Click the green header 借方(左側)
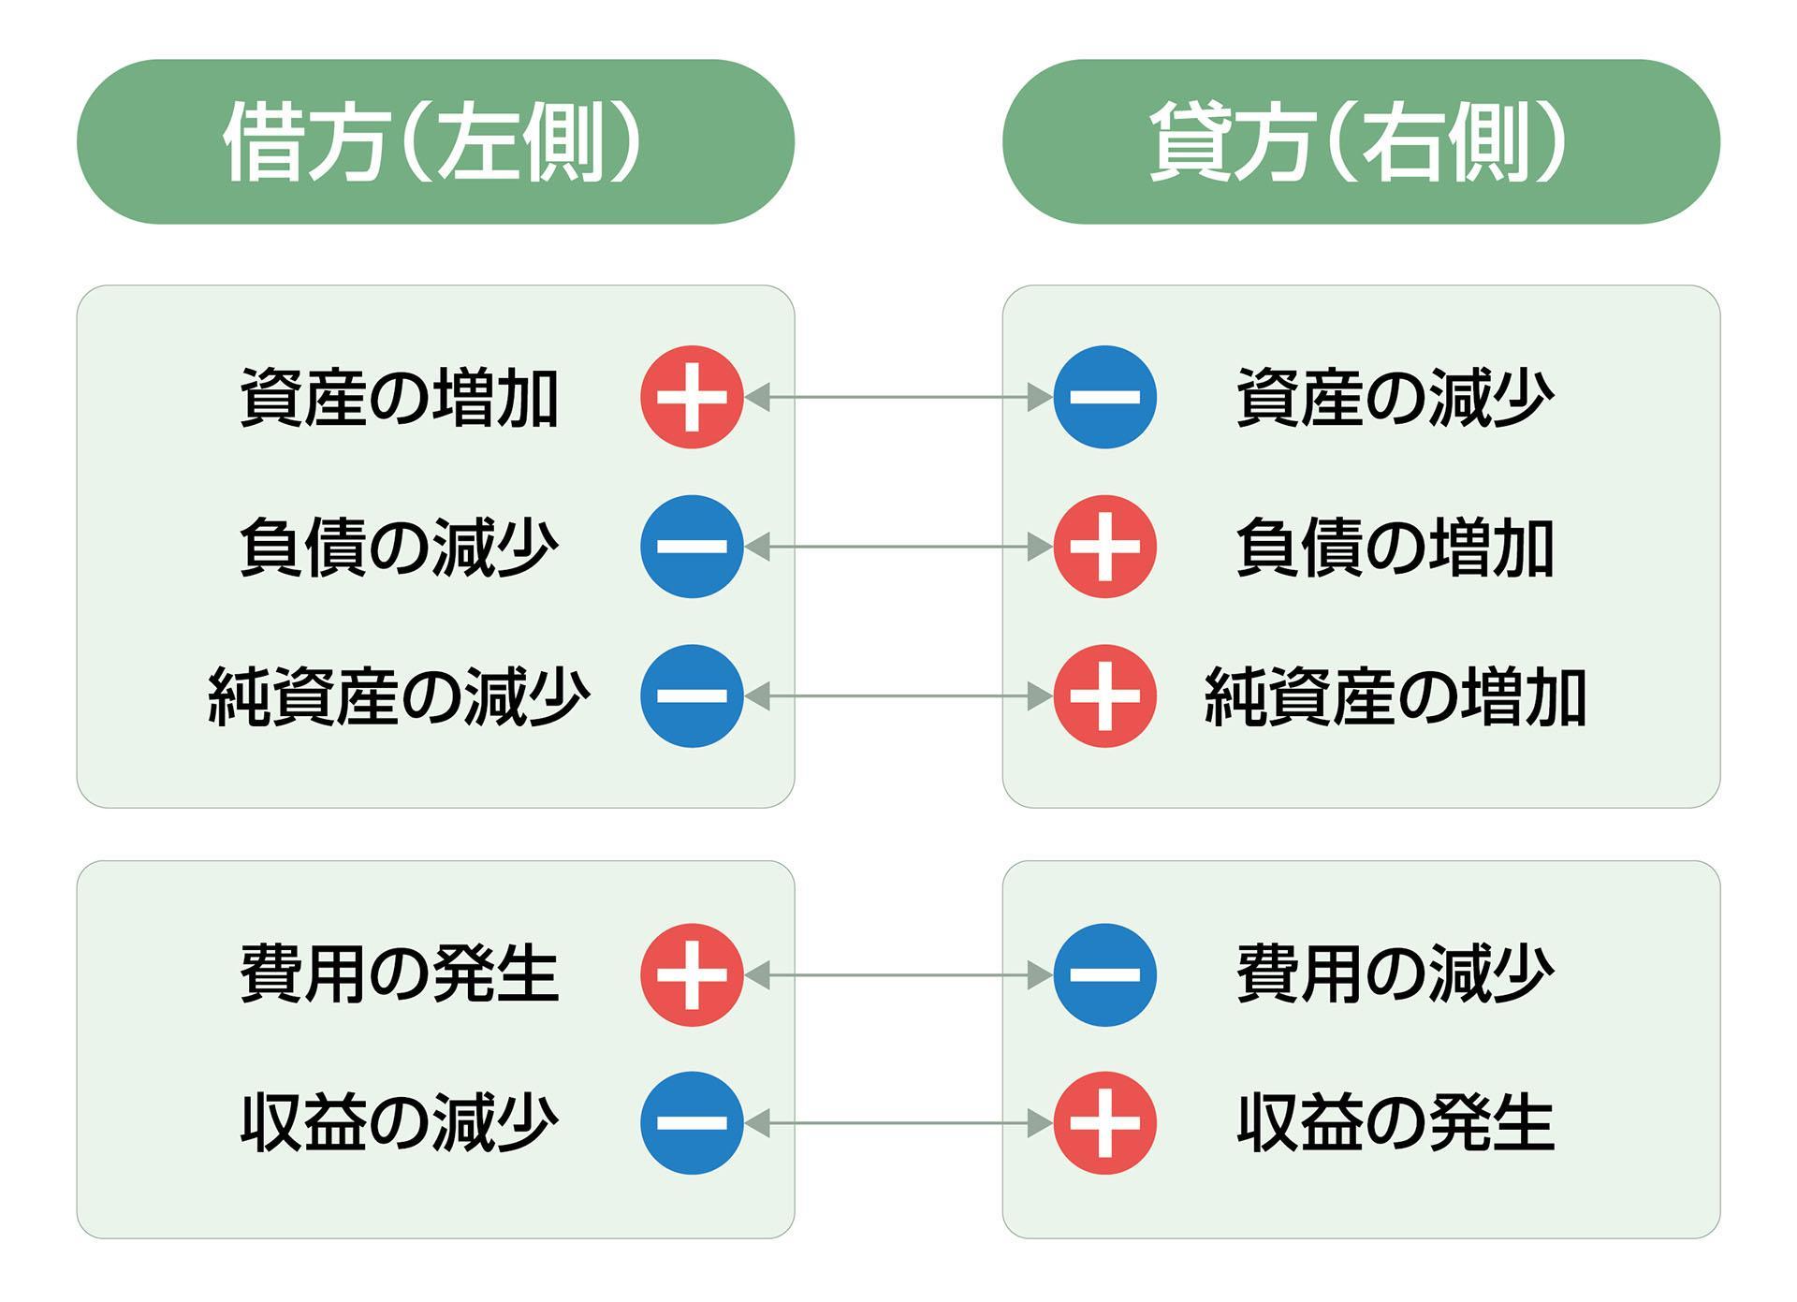coord(435,141)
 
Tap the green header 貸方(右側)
coord(1361,141)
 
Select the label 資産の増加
coord(400,398)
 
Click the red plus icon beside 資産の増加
coord(692,397)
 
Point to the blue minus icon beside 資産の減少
coord(1104,397)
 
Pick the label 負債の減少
coord(400,547)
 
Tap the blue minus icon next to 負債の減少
coord(692,547)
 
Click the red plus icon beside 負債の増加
coord(1104,547)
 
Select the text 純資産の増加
coord(1395,696)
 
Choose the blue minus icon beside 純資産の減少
coord(692,696)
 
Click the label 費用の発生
coord(400,974)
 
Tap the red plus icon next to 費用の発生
coord(692,974)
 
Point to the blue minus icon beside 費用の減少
coord(1104,974)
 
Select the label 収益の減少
coord(400,1122)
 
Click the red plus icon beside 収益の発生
coord(1104,1122)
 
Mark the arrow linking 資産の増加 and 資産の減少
coord(898,397)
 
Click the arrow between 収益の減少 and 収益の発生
coord(898,1122)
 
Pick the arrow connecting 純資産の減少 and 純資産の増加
coord(898,696)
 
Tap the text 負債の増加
coord(1395,547)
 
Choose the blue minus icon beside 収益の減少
coord(692,1122)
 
